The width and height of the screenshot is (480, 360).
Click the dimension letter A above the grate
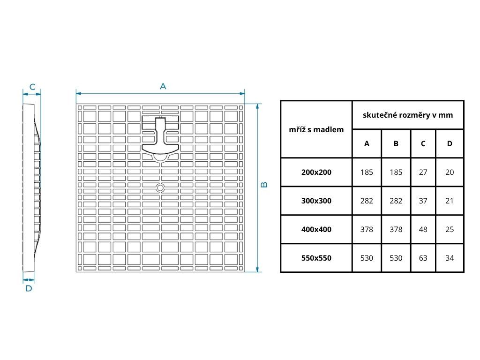[x=163, y=86]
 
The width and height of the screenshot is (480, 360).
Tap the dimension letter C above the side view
[x=32, y=87]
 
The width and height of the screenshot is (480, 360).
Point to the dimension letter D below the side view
[x=29, y=289]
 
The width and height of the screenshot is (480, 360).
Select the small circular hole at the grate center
[x=160, y=188]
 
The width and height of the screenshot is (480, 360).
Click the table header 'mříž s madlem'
[x=316, y=129]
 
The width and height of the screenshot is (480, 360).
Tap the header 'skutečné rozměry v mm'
[x=408, y=115]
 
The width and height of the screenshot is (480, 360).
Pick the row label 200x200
[x=316, y=172]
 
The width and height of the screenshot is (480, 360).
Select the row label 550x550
[x=316, y=258]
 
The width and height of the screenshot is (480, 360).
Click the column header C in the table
[x=423, y=143]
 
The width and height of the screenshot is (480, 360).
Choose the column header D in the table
[x=450, y=143]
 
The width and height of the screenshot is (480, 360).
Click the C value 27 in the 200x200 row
[x=423, y=172]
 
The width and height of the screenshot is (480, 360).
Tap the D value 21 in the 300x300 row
[x=450, y=201]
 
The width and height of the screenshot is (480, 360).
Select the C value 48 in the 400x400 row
[x=423, y=229]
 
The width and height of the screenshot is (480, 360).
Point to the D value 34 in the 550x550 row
[x=450, y=258]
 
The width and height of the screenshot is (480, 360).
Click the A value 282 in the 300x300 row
[x=367, y=201]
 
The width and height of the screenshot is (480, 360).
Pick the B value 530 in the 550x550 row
[x=396, y=258]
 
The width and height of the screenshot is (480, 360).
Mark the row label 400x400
[x=316, y=229]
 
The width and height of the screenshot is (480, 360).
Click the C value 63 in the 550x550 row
[x=423, y=258]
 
